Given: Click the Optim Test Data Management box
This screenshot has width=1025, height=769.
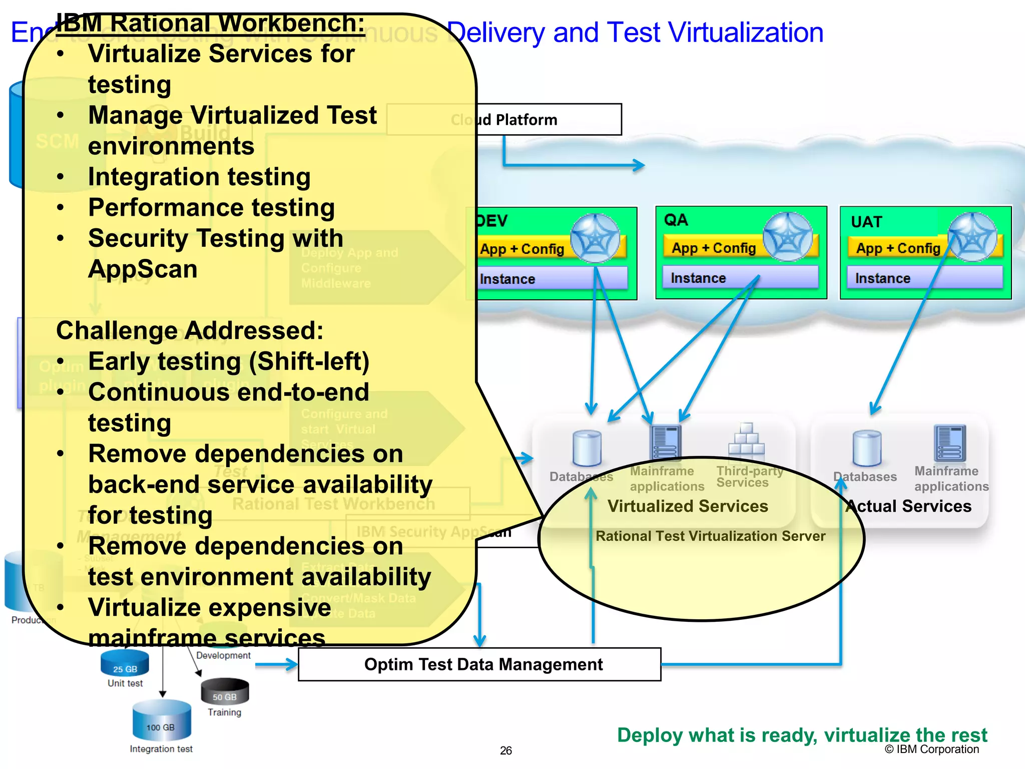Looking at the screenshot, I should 479,664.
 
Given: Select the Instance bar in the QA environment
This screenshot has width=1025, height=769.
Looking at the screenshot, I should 740,278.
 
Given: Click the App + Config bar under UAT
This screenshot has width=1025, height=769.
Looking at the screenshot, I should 898,248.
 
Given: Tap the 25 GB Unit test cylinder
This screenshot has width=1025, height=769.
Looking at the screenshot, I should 125,663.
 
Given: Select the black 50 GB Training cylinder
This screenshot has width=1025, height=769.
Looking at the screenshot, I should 224,691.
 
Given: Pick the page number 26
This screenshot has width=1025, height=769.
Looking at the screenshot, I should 505,750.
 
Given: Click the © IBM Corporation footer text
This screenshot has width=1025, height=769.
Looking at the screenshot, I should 931,749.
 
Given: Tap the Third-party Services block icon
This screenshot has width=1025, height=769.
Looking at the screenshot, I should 746,439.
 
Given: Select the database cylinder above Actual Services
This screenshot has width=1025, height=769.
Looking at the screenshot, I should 867,448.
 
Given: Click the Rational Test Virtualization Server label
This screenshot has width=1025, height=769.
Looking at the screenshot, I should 710,536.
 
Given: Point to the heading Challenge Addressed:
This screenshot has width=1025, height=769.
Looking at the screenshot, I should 190,330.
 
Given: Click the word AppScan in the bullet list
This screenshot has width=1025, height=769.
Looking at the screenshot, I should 143,269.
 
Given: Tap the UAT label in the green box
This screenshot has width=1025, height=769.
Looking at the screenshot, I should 866,222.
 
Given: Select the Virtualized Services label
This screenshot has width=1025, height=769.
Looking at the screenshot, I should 688,506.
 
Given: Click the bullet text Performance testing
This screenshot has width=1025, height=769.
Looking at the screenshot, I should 211,207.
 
